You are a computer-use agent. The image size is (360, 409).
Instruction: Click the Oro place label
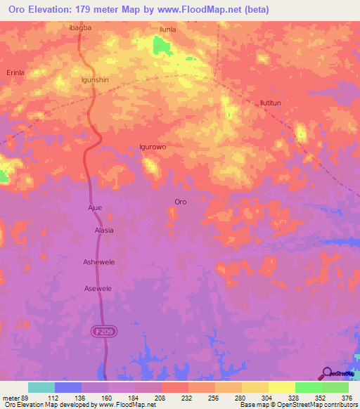180,202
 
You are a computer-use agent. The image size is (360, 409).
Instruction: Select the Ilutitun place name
271,103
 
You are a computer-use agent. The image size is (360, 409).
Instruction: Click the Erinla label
15,72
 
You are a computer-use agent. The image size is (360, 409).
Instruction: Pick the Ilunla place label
167,30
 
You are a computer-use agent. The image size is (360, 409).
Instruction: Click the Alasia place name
104,230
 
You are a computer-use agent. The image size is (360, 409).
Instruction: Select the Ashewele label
98,261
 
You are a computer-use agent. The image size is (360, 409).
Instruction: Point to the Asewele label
98,289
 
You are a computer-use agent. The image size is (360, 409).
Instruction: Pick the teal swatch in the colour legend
41,387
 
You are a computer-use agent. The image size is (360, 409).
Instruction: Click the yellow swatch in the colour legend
282,387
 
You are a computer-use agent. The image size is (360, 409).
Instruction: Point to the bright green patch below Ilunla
163,46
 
